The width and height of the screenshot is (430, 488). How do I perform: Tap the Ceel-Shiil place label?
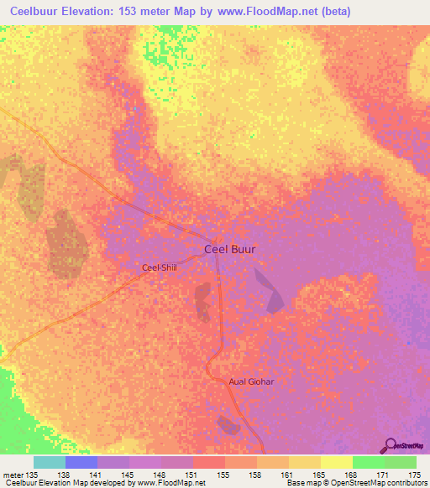click(x=160, y=268)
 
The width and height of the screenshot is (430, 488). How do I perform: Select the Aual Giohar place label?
click(x=252, y=382)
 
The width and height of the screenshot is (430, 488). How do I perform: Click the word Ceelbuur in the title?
click(x=39, y=11)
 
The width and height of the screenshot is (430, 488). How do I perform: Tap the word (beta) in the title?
click(x=333, y=11)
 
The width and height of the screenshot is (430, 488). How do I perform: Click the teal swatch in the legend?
click(x=50, y=462)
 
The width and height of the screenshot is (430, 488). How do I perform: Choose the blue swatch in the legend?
click(x=81, y=462)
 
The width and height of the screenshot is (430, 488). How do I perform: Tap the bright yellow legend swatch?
click(x=336, y=462)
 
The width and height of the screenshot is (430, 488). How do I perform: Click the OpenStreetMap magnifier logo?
click(x=390, y=446)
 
